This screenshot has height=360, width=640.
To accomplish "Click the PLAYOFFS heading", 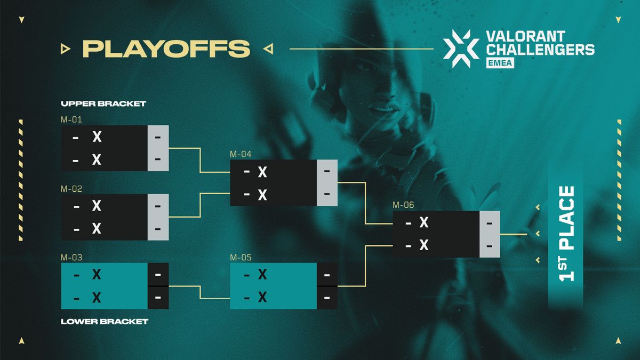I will tap(166, 49).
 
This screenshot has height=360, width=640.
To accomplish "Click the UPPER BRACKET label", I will tap(103, 104).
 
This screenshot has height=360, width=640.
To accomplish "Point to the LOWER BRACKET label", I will tap(104, 322).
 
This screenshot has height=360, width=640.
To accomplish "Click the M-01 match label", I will tap(71, 119).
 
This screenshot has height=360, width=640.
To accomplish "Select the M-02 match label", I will tap(71, 188).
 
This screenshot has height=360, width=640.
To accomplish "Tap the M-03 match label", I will tap(71, 257).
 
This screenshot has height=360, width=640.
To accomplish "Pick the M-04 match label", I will tap(241, 154).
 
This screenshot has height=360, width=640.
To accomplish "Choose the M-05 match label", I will tap(241, 257).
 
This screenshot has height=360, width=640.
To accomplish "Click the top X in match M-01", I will tap(97, 137).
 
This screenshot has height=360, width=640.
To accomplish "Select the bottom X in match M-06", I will tap(424, 245).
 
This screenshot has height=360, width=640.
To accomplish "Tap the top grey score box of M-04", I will tap(326, 172).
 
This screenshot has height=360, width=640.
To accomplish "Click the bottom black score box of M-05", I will tap(326, 298).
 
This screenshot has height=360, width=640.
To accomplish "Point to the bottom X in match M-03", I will tap(97, 297).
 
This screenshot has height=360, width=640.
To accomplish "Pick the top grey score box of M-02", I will tap(158, 205).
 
